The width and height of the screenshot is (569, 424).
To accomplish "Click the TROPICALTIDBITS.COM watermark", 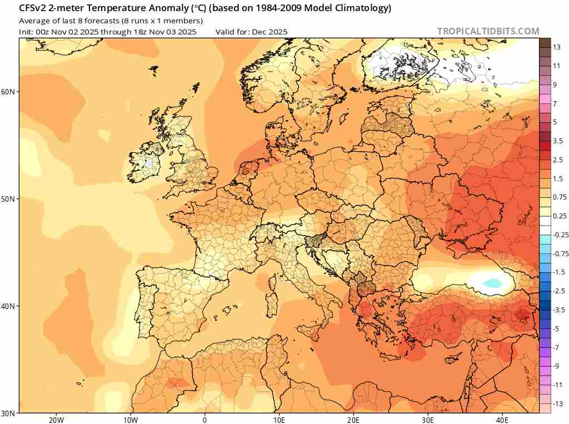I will (x=488, y=31).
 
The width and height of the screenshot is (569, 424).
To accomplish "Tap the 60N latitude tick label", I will (x=9, y=91).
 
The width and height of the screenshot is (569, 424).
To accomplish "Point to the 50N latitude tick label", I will (x=9, y=199).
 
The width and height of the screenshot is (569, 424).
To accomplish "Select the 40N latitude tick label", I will (x=9, y=306).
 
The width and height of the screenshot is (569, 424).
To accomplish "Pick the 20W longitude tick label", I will (x=56, y=420).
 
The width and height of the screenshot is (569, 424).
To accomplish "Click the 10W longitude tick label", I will (x=131, y=420).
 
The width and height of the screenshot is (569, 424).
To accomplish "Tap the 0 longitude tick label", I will (x=205, y=420).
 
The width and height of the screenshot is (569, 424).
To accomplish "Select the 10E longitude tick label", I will (x=279, y=420).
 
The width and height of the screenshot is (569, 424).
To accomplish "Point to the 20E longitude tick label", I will (x=353, y=420).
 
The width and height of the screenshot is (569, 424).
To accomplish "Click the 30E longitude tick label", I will (x=428, y=420).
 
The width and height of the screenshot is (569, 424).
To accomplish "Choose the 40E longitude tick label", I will (x=502, y=420).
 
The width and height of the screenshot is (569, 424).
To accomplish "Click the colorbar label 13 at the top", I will (x=556, y=48).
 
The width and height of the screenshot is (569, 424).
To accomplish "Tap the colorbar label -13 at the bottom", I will (x=558, y=403).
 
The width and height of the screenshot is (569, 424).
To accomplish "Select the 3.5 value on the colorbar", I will (x=558, y=141).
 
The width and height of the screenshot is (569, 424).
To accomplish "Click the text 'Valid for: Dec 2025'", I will (x=251, y=32).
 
